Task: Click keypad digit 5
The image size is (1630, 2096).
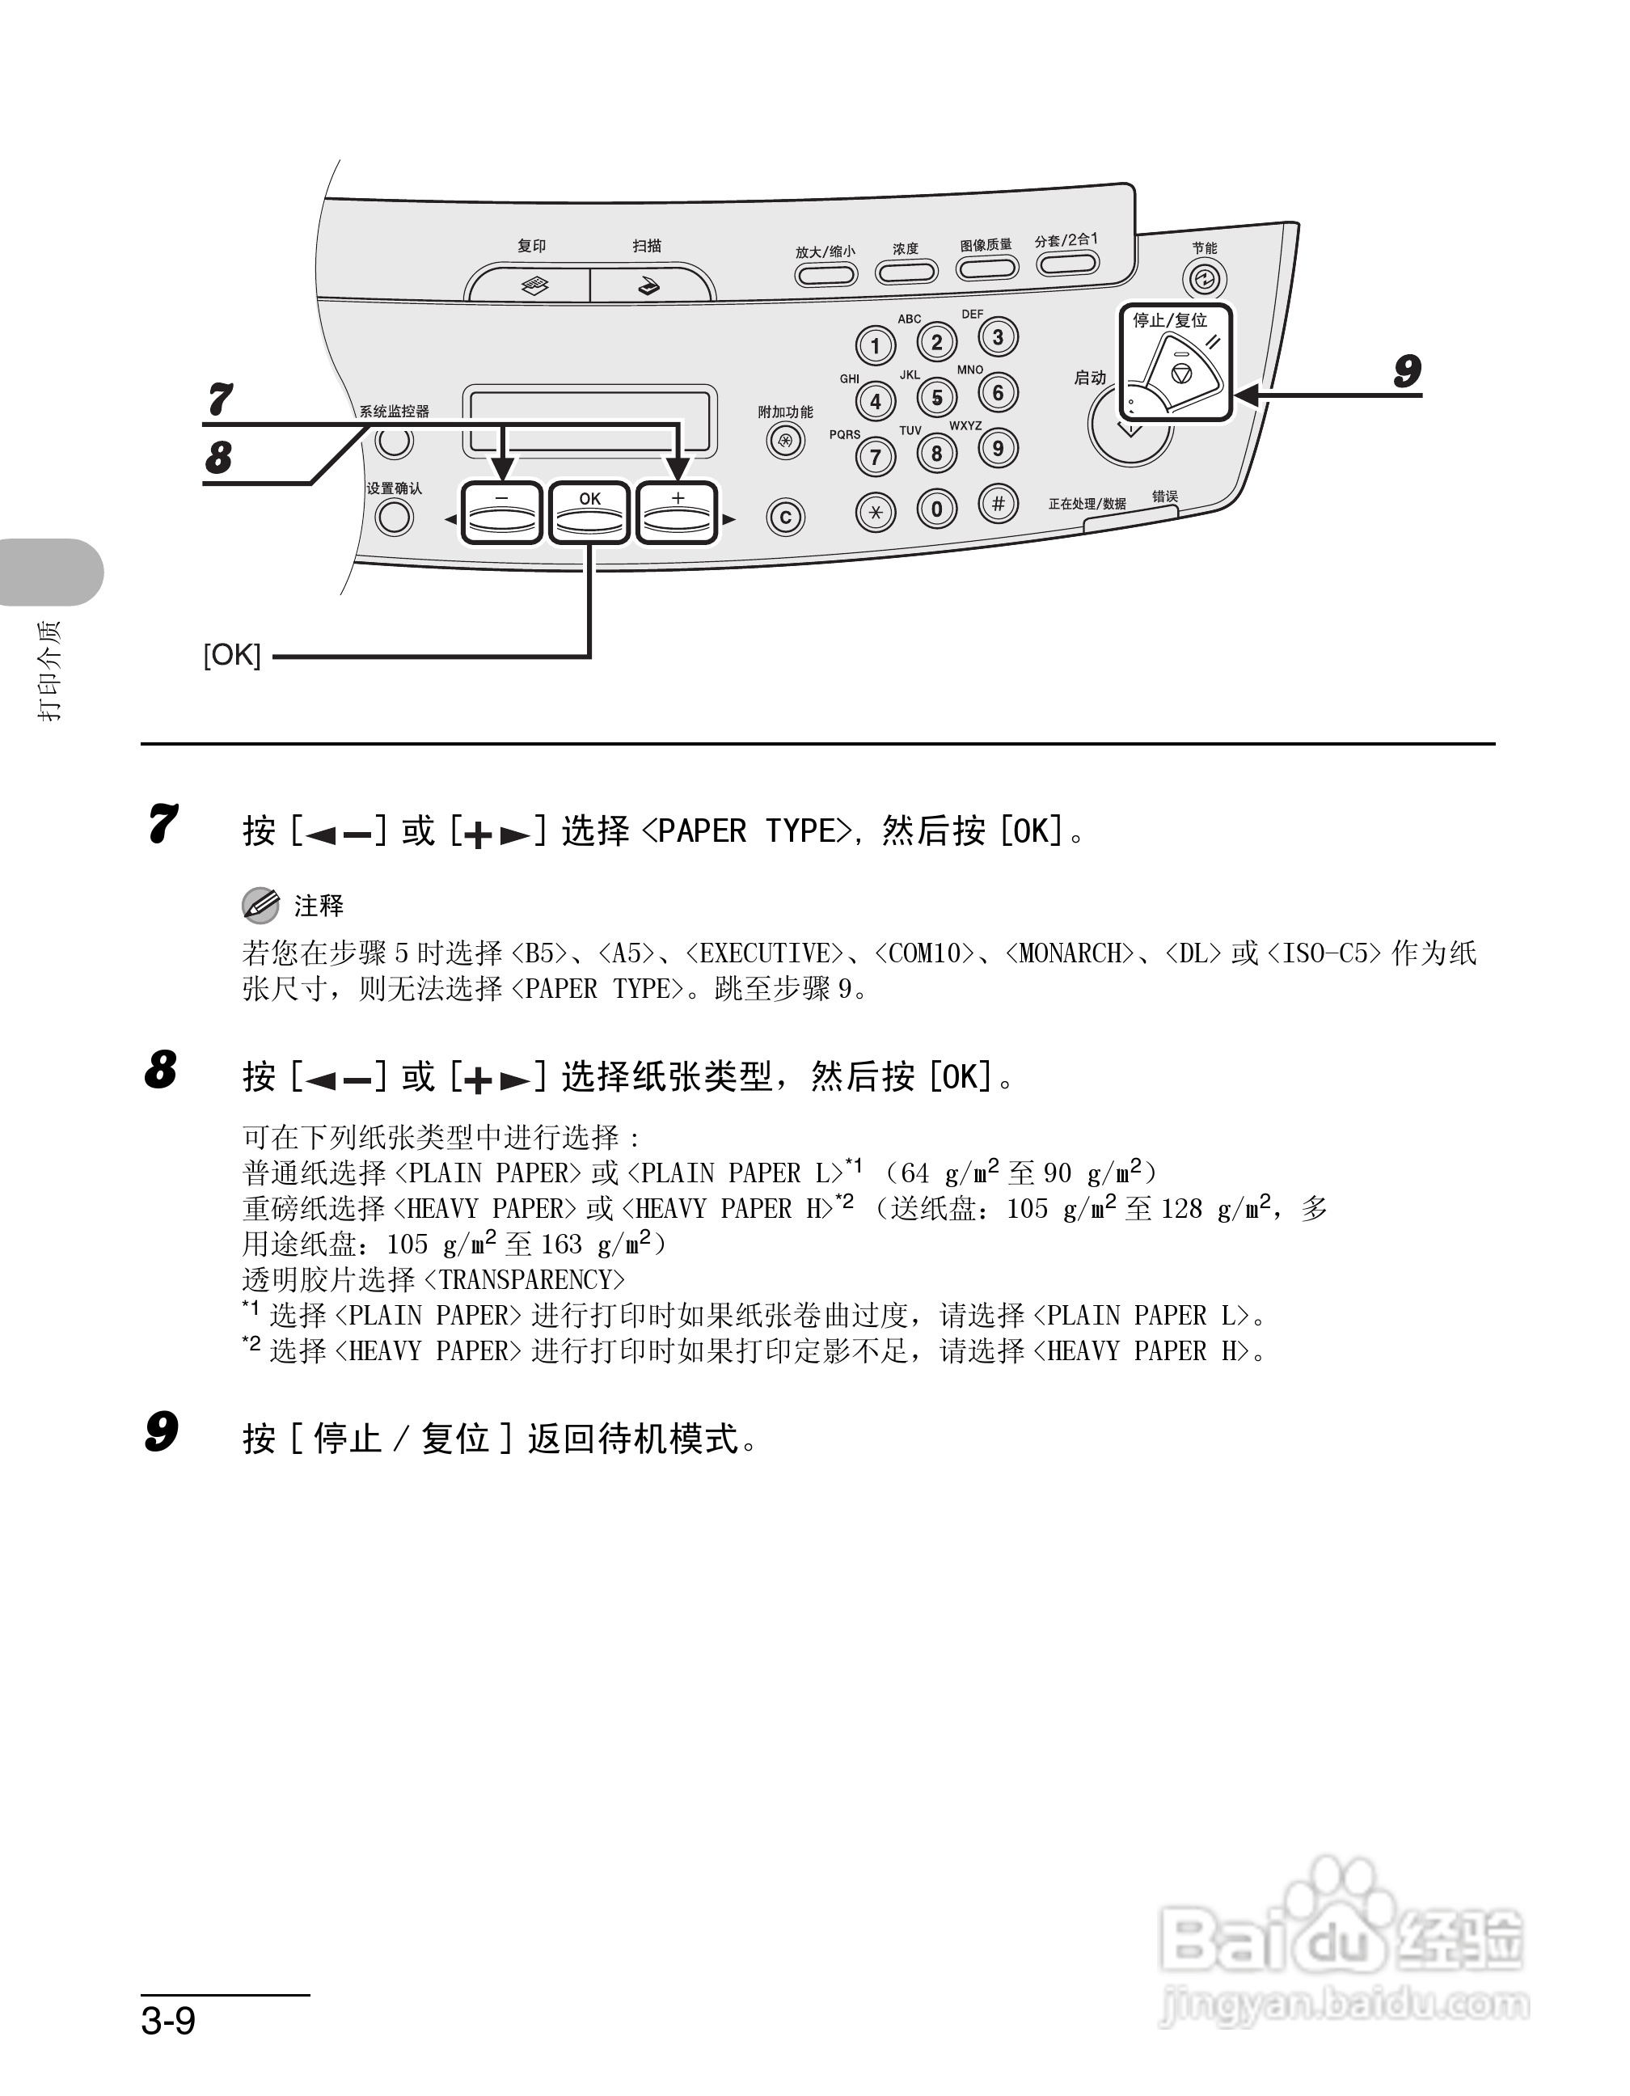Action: [937, 397]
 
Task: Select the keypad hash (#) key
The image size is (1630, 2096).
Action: [998, 504]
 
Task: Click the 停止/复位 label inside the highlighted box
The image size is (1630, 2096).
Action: [1169, 320]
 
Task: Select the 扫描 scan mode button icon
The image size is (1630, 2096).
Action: [649, 286]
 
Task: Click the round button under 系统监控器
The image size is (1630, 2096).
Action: [395, 442]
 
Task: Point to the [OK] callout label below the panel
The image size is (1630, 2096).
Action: [232, 656]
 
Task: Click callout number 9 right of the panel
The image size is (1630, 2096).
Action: [1407, 371]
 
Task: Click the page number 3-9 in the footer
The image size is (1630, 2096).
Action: [169, 2021]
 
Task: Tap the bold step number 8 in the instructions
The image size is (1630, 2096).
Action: [161, 1069]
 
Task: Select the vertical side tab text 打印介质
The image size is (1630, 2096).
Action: [49, 670]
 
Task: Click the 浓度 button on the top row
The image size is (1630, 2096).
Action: [906, 273]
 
